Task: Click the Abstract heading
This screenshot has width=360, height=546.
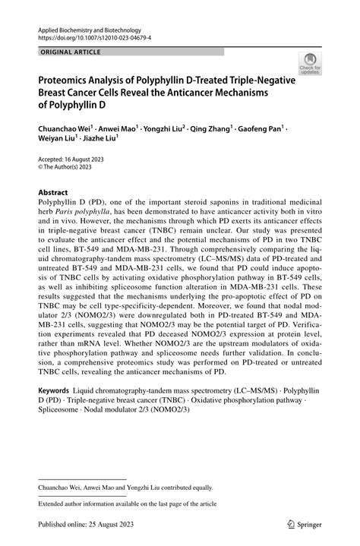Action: click(52, 193)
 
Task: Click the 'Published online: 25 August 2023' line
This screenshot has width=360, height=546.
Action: click(84, 523)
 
